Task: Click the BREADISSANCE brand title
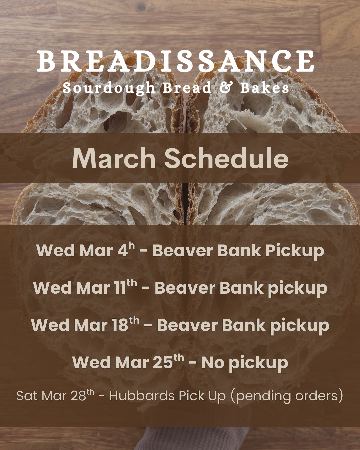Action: pyautogui.click(x=175, y=61)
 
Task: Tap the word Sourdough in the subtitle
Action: pyautogui.click(x=109, y=88)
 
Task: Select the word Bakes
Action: pyautogui.click(x=264, y=88)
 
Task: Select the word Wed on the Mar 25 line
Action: pyautogui.click(x=91, y=363)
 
